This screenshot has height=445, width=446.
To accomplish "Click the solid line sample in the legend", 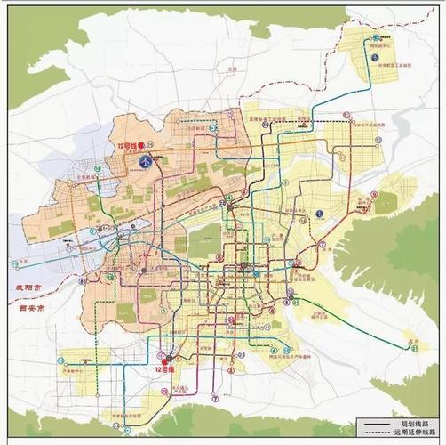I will point(375,424).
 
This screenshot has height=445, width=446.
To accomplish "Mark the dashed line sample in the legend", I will point(375,432).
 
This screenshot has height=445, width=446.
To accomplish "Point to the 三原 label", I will point(234,67).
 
